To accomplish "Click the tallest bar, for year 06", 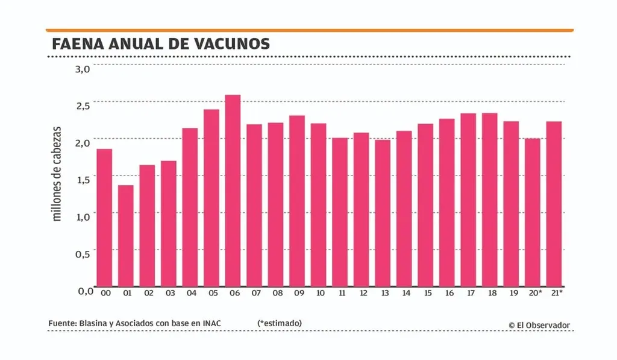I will (233, 190).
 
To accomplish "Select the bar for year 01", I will (126, 235).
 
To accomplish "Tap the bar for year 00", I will (104, 217).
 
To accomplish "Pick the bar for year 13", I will (383, 212).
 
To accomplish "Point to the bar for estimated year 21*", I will (554, 203).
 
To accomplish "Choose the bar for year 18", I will (490, 199).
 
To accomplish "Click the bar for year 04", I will (190, 207).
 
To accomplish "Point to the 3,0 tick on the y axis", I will (83, 69).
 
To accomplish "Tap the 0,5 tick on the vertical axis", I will (83, 254).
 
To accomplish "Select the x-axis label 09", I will (299, 293).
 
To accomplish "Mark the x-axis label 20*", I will (534, 293).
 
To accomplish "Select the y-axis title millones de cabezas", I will (58, 173).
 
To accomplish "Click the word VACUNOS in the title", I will (233, 44).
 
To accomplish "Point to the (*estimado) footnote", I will (280, 323).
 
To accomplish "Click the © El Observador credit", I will (539, 325).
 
